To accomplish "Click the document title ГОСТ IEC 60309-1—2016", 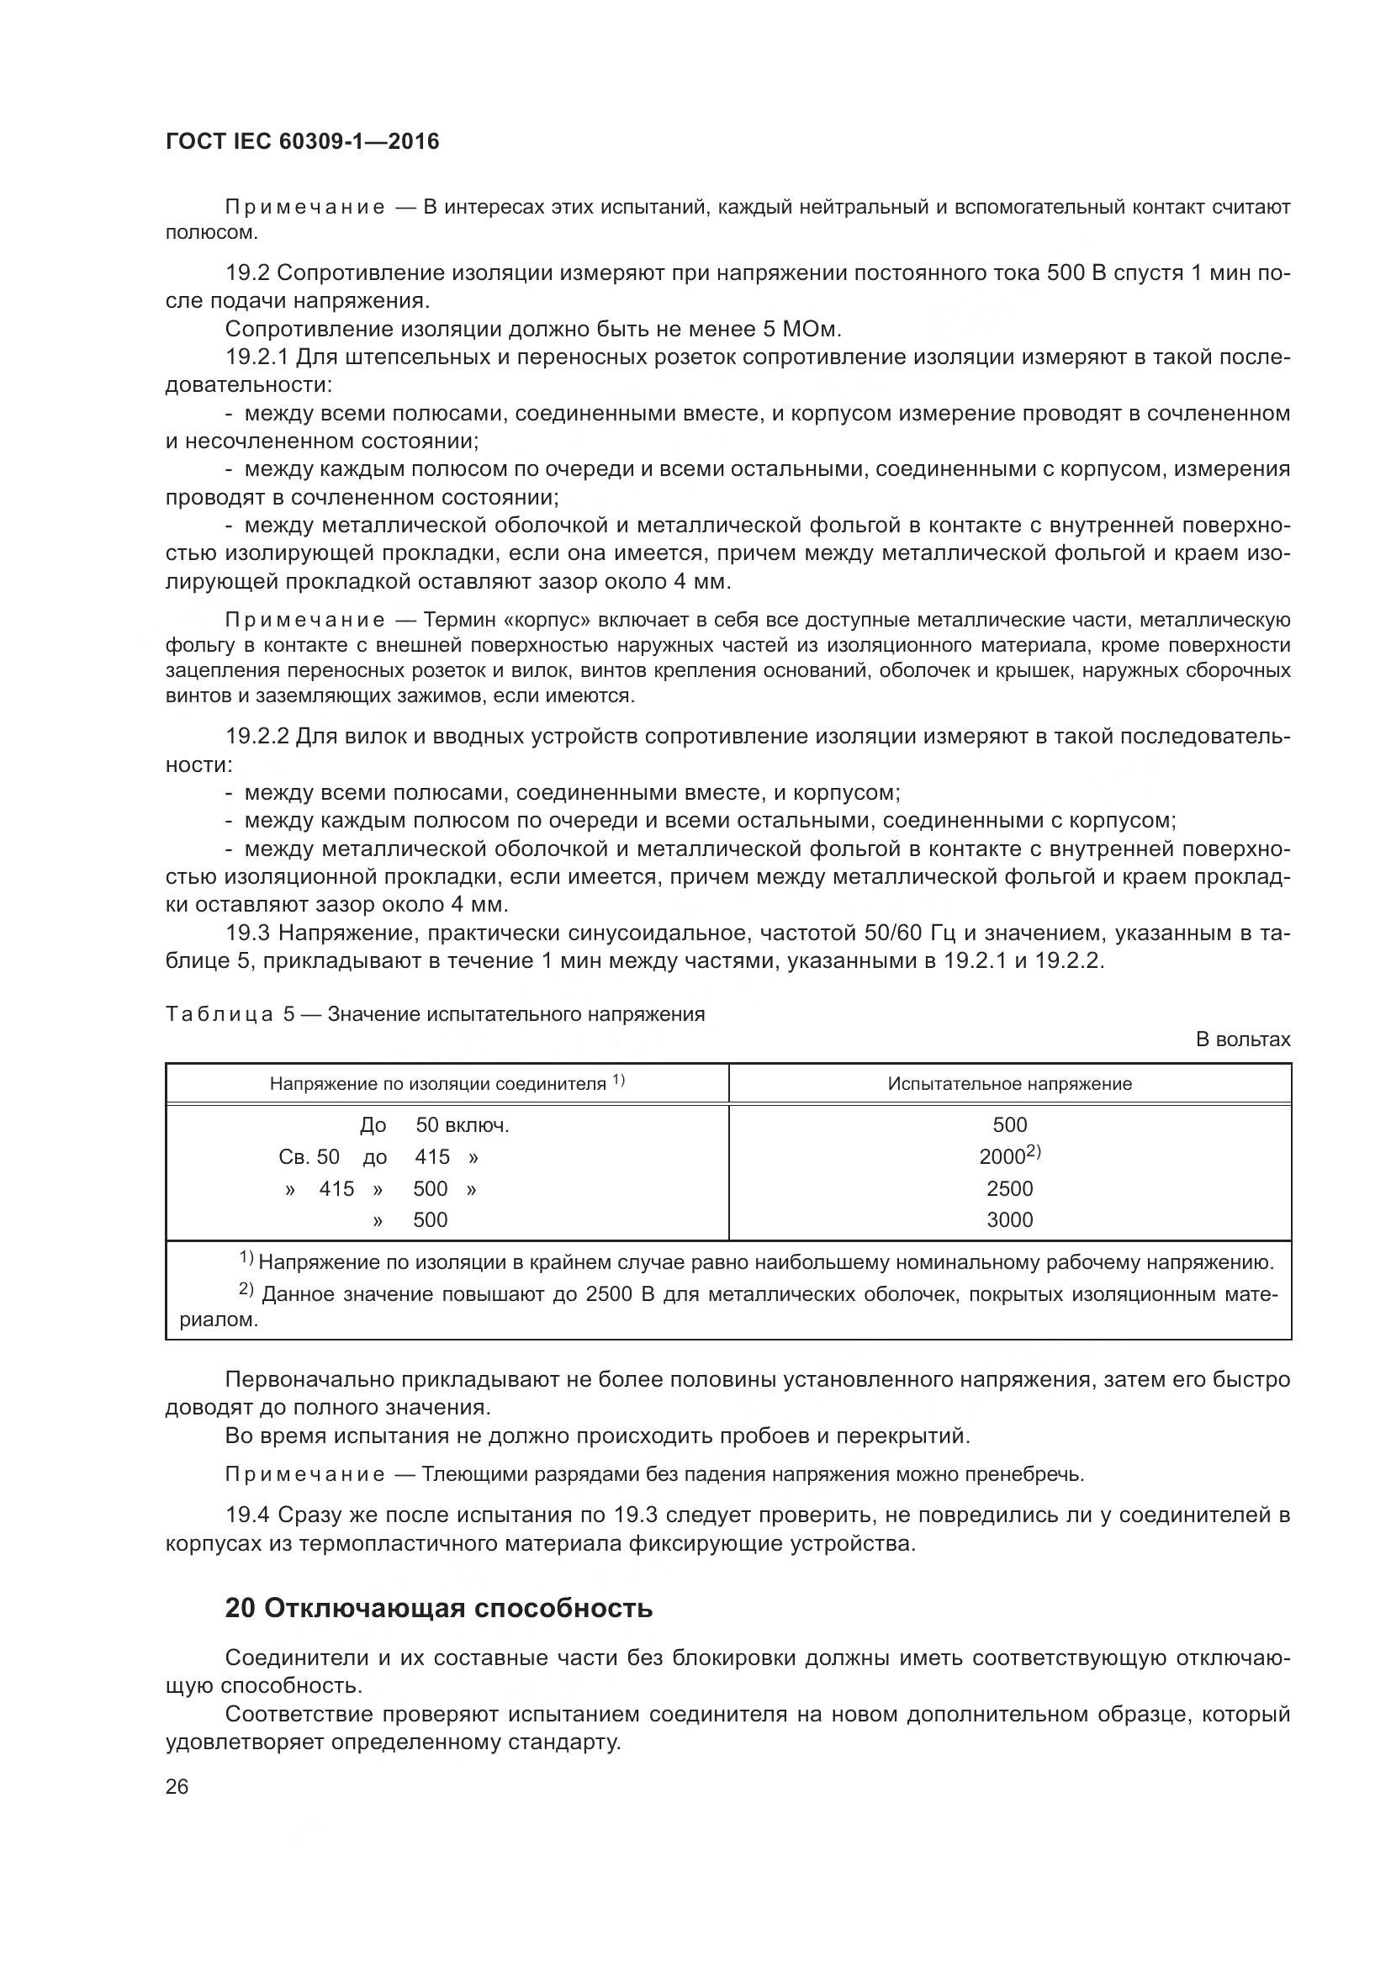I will pyautogui.click(x=303, y=141).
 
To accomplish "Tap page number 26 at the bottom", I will pyautogui.click(x=177, y=1787).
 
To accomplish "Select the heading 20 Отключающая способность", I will pyautogui.click(x=438, y=1608).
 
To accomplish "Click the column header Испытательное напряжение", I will pyautogui.click(x=1010, y=1084).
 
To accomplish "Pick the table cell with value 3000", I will pyautogui.click(x=1010, y=1220).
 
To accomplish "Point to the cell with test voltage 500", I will pyautogui.click(x=1010, y=1125).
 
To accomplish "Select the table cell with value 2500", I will pyautogui.click(x=1010, y=1188).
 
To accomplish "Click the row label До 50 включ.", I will pyautogui.click(x=434, y=1126).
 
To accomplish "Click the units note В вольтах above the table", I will pyautogui.click(x=1242, y=1040).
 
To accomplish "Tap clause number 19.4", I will pyautogui.click(x=247, y=1515).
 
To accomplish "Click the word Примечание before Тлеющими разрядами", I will pyautogui.click(x=305, y=1474).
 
